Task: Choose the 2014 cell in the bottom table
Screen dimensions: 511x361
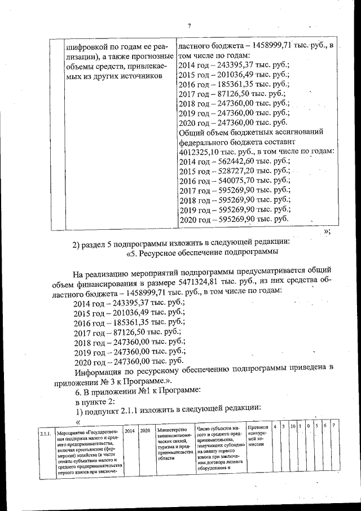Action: [129, 430]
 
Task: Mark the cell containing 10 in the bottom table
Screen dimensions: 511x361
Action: [293, 425]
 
